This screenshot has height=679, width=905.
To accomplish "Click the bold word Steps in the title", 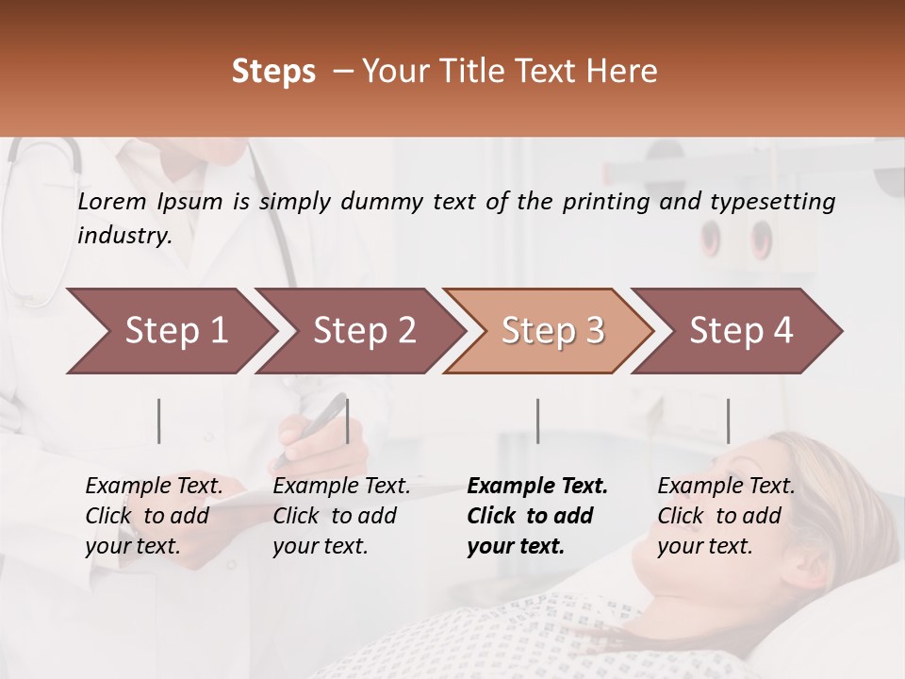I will pyautogui.click(x=273, y=72).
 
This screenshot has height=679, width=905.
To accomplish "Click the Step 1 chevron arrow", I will pyautogui.click(x=170, y=331).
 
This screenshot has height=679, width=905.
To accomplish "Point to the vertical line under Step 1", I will pyautogui.click(x=159, y=421).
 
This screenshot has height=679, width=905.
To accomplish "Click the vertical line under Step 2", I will pyautogui.click(x=348, y=421).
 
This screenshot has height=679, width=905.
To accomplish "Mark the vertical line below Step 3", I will pyautogui.click(x=537, y=421).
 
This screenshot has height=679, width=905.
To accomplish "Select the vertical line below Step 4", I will pyautogui.click(x=728, y=421).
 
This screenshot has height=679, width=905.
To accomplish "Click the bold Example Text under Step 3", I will pyautogui.click(x=537, y=516).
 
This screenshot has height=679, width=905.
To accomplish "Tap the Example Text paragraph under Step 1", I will pyautogui.click(x=154, y=516).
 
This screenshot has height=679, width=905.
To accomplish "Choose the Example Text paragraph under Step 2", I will pyautogui.click(x=341, y=516).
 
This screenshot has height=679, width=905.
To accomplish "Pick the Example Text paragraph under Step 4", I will pyautogui.click(x=726, y=516).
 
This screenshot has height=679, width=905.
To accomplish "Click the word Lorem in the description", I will pyautogui.click(x=112, y=201).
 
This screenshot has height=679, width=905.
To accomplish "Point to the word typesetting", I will pyautogui.click(x=772, y=202).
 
